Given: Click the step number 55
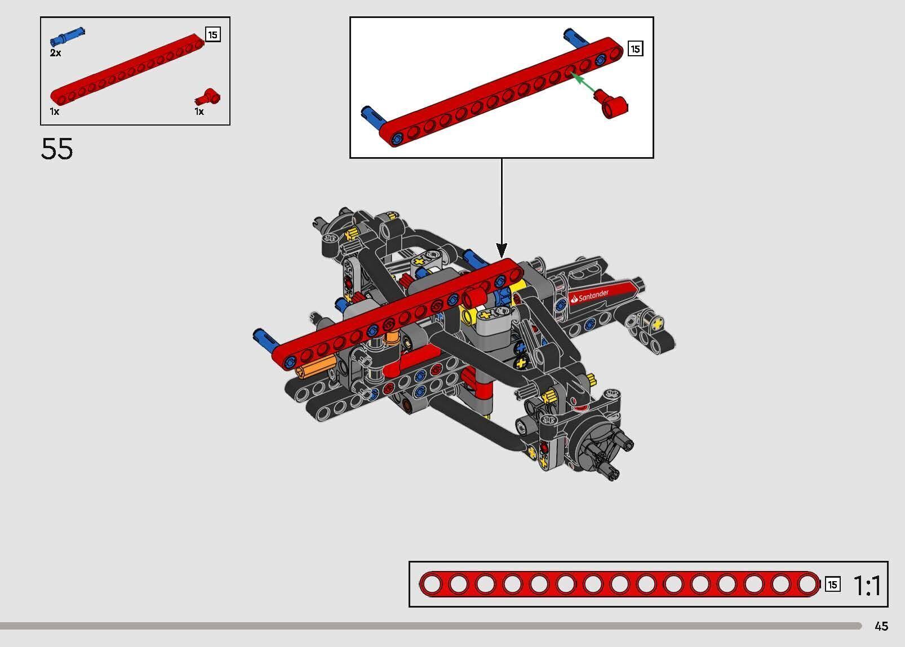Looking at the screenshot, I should pos(57,149).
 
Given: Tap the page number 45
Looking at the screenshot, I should pos(881,626).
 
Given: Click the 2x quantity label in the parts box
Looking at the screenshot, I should pos(55,53).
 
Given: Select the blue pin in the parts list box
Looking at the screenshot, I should pos(66,37).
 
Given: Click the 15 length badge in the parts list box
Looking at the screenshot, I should pos(212,35).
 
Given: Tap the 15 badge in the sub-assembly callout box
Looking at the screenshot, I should pos(635,49).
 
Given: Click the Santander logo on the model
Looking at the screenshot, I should pos(591,296).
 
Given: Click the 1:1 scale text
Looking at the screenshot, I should pos(867,586).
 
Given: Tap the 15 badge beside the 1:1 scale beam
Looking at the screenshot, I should pos(832,584).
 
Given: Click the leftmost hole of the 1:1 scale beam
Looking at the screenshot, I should pos(432,584).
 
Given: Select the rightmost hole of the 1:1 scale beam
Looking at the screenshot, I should pos(807,584).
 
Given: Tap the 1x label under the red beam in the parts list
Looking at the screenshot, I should pos(55,111).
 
